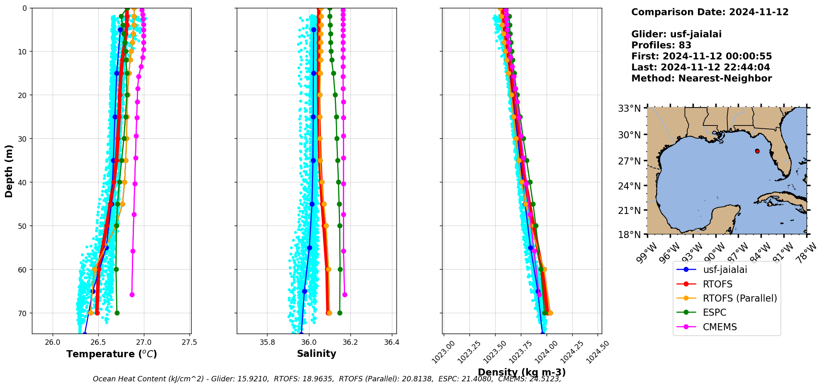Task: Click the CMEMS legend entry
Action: [x=719, y=327]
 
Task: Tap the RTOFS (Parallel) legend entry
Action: [x=739, y=298]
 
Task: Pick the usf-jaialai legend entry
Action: [x=724, y=270]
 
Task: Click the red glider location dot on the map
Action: [x=757, y=151]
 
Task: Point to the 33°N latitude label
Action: [x=630, y=109]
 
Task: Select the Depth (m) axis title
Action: [x=9, y=171]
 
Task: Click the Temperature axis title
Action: [x=112, y=354]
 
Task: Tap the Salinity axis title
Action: [x=316, y=354]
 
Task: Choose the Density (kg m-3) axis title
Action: [x=522, y=372]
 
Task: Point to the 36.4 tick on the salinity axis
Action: [x=391, y=343]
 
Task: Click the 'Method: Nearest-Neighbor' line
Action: [x=701, y=78]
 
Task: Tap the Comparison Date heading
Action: [x=710, y=12]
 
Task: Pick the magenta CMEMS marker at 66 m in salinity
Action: [x=345, y=295]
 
